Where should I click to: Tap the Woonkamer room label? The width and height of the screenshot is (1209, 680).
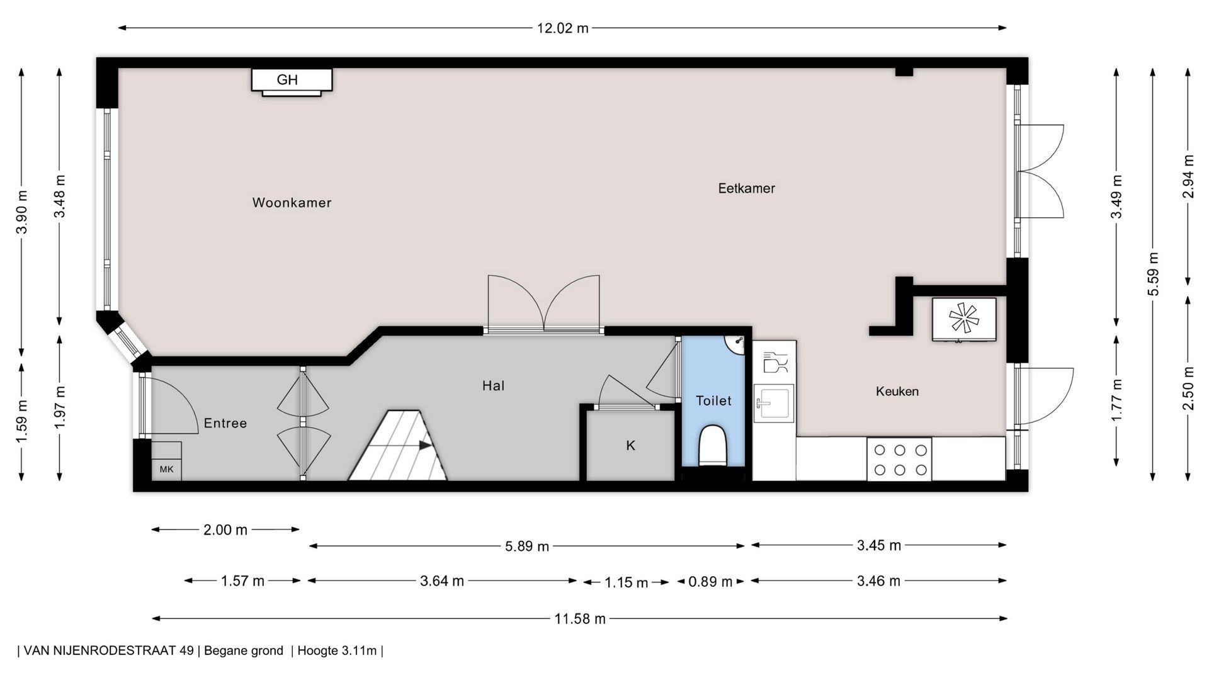click(292, 203)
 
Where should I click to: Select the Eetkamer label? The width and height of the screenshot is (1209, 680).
click(746, 188)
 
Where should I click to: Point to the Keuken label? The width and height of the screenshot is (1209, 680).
click(897, 392)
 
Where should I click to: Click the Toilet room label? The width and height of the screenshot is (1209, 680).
click(713, 400)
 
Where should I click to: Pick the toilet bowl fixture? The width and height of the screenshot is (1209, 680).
click(713, 445)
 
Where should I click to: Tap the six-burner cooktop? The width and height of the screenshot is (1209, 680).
click(899, 460)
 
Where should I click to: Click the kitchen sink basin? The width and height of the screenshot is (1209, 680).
click(774, 403)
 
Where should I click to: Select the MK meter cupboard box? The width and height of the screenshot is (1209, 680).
click(166, 469)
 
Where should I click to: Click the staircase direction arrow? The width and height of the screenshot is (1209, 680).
click(426, 445)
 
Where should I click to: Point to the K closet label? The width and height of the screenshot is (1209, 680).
click(630, 446)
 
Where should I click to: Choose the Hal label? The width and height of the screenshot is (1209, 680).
click(493, 386)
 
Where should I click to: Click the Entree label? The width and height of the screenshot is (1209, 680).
click(225, 423)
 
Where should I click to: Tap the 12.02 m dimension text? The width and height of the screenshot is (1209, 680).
click(562, 28)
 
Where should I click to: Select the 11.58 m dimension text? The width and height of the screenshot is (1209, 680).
click(579, 619)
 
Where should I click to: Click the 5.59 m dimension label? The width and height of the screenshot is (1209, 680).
click(1152, 274)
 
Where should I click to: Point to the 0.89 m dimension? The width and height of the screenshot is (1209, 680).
click(710, 582)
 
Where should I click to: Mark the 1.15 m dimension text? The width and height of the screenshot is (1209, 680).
click(626, 582)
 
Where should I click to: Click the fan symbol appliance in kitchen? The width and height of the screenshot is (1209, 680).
click(964, 318)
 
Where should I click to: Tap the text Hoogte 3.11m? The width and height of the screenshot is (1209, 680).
click(337, 650)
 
